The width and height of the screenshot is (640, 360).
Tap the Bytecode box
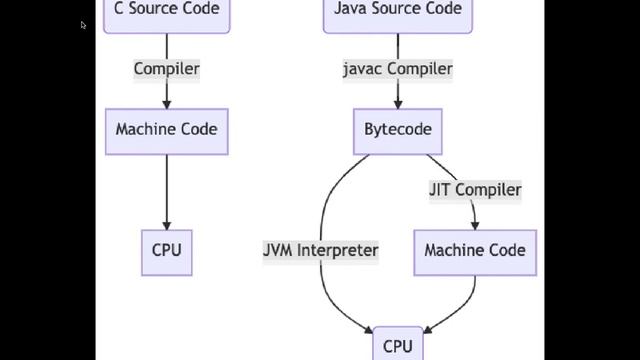pos(398,130)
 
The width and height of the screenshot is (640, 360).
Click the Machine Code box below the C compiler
pos(166,130)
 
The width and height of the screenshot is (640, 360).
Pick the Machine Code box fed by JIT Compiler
pos(474,250)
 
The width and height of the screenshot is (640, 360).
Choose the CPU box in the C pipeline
pos(166,250)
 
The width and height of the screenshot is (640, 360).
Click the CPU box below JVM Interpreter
pos(398,346)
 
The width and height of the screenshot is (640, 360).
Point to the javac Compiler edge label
pos(398,69)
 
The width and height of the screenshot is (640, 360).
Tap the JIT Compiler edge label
pos(475,189)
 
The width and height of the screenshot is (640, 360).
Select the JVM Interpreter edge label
pos(321,250)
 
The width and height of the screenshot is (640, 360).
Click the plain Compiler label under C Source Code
pos(166,69)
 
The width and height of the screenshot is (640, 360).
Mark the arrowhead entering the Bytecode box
pos(398,103)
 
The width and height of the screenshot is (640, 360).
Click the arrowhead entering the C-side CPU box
pos(166,224)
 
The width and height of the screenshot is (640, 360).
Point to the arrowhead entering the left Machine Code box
pos(166,103)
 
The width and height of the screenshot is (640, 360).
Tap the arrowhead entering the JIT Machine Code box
pos(474,224)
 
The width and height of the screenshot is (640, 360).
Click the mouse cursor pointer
pos(84,25)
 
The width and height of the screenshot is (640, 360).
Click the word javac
pos(362,69)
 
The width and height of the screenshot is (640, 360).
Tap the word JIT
pos(441,189)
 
